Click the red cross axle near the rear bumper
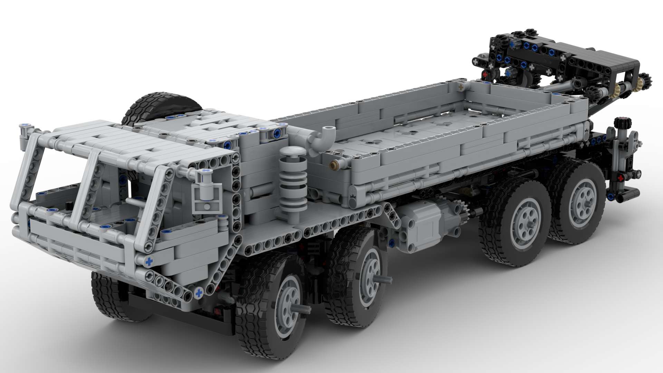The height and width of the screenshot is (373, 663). (622, 178)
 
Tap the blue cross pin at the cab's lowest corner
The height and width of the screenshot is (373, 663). (199, 294)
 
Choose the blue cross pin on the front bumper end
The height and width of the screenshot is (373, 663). (149, 261)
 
